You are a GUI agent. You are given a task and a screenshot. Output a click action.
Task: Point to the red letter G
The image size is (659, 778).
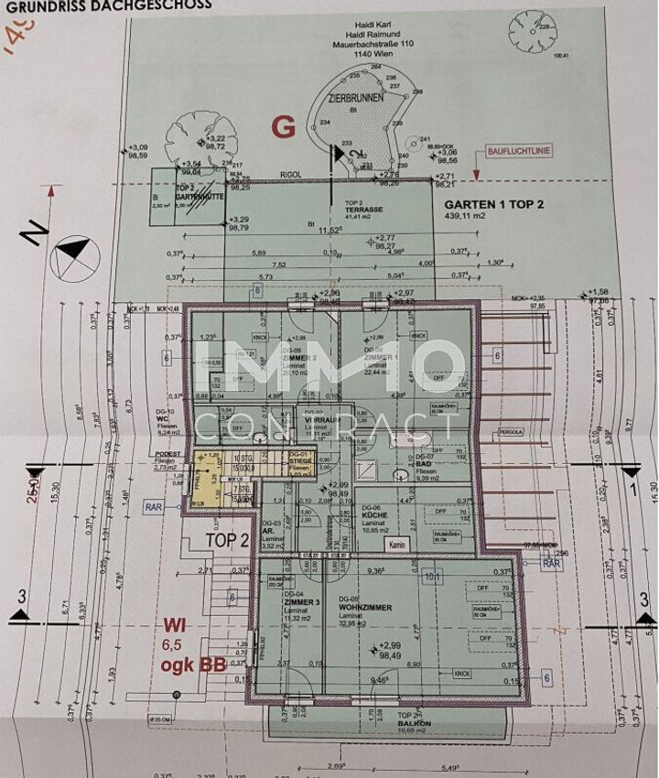[x=284, y=127]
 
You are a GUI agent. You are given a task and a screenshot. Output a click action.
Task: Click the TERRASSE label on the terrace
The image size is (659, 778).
[x=362, y=209]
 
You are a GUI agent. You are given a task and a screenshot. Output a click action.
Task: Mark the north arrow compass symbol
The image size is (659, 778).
[x=70, y=246]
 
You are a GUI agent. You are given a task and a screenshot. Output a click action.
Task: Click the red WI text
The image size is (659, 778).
[x=175, y=626]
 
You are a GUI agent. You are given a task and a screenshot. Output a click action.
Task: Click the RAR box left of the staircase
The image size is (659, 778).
[x=153, y=504]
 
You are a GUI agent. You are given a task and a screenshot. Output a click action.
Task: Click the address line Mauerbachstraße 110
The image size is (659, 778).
[x=352, y=43]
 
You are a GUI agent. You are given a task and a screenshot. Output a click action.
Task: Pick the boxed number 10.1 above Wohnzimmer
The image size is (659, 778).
[x=432, y=577]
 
